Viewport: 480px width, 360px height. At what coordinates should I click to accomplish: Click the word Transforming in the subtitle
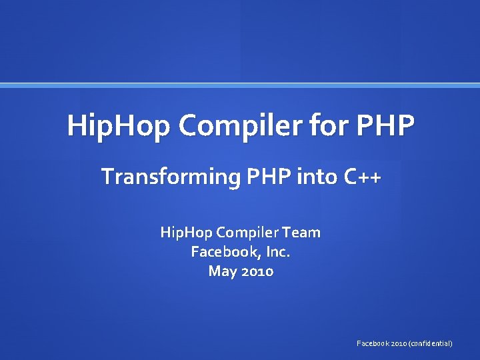(x=170, y=177)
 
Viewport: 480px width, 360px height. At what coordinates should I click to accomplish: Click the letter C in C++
(x=351, y=177)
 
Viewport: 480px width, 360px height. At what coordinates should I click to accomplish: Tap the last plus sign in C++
(x=376, y=177)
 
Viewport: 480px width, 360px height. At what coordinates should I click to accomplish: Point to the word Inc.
(x=276, y=252)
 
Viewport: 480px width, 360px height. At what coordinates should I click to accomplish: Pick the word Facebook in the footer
(x=374, y=343)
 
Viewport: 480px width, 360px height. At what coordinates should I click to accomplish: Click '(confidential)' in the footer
(x=433, y=343)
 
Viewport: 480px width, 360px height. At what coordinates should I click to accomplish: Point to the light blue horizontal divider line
(x=240, y=85)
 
